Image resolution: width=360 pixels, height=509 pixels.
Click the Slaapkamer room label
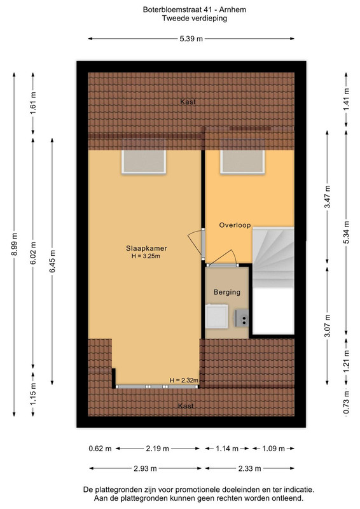click(146, 248)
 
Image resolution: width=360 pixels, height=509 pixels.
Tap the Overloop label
click(235, 225)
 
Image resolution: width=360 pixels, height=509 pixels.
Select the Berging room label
click(227, 292)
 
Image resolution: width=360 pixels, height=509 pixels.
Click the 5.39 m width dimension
click(191, 39)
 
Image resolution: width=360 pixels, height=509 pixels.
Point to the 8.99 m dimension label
click(14, 244)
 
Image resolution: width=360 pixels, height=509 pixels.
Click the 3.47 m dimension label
click(328, 197)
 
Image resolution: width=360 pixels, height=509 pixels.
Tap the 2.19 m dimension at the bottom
click(158, 449)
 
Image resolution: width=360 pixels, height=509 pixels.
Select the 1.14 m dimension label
click(227, 449)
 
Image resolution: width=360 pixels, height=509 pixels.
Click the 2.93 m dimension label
click(145, 468)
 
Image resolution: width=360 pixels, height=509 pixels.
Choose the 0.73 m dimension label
click(347, 403)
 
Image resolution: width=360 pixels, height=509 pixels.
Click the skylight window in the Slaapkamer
click(144, 157)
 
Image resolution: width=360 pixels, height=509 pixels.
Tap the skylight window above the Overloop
click(242, 157)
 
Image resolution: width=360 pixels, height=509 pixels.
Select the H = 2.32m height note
click(184, 380)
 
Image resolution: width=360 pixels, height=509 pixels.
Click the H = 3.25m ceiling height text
click(146, 256)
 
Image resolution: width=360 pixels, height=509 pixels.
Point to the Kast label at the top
click(188, 102)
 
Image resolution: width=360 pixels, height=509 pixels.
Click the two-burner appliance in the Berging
click(242, 317)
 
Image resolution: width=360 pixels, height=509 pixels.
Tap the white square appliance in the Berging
click(217, 316)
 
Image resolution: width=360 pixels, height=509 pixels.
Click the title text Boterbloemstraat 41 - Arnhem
click(195, 10)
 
